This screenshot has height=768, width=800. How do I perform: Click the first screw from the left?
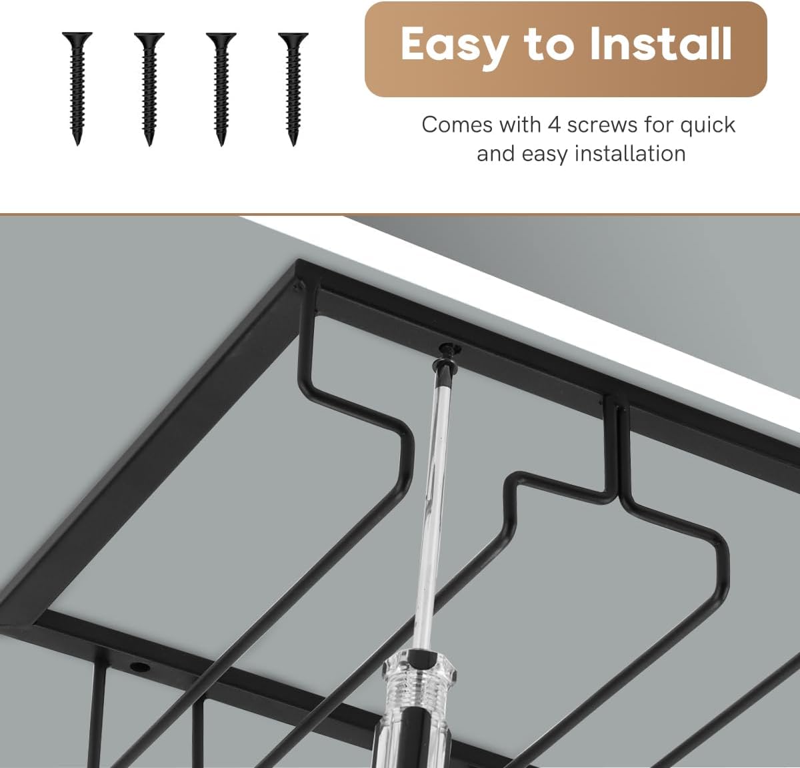(77, 89)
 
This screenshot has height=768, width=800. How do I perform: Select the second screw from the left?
(149, 89)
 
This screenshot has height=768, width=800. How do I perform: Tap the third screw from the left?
(221, 89)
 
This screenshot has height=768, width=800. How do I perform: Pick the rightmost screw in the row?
(293, 89)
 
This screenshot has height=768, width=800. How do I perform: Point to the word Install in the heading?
(661, 43)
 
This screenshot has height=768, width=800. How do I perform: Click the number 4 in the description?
(554, 125)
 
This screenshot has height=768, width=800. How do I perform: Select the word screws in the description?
(604, 125)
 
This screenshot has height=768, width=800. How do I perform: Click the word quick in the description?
(707, 125)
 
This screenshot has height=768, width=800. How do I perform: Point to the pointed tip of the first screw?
(77, 144)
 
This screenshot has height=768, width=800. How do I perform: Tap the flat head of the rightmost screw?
(293, 35)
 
